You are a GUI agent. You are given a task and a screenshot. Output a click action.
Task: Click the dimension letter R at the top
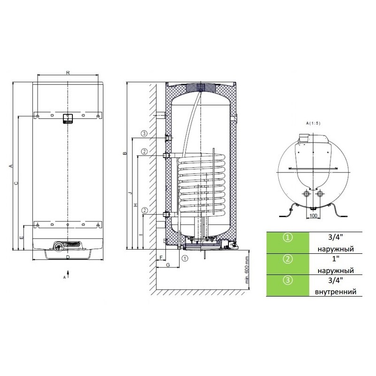68,72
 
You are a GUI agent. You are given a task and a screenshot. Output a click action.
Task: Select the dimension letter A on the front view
10,166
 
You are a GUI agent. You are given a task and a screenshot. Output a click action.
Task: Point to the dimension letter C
16,183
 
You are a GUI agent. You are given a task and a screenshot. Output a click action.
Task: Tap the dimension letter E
21,238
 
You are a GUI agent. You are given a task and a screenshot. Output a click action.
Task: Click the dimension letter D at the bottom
68,257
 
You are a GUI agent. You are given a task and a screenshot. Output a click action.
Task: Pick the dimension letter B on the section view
125,154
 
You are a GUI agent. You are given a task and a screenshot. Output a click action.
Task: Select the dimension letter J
130,193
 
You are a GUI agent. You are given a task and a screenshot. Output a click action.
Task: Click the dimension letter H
135,205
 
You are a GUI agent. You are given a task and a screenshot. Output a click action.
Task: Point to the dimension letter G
168,265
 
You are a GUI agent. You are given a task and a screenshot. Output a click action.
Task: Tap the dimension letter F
161,257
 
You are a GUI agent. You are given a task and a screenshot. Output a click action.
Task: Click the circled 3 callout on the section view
144,133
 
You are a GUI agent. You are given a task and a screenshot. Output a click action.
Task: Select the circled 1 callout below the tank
185,258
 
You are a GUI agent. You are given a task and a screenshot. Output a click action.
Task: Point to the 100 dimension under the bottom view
313,215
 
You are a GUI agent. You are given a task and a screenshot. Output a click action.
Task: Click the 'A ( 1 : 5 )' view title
313,123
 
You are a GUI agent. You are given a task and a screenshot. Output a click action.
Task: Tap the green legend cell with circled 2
288,264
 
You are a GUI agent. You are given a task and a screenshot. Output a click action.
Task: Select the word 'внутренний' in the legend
336,292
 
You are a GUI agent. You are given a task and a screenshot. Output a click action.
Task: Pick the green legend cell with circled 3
288,285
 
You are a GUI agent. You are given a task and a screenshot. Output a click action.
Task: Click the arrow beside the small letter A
68,274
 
